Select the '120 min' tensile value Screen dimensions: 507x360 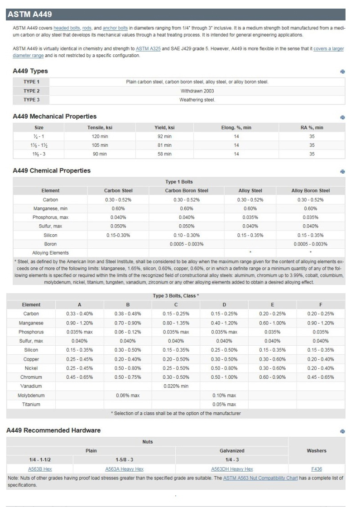[x=97, y=136]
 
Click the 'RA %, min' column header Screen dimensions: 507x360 [x=312, y=128]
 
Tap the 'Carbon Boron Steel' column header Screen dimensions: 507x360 [x=186, y=191]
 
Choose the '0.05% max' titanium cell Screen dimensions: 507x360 [x=224, y=404]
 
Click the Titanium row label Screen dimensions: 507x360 [x=32, y=404]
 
